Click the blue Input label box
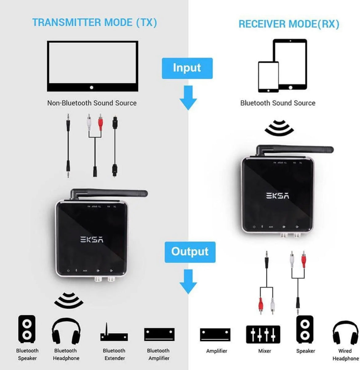[x=187, y=68]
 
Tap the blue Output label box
[x=190, y=252]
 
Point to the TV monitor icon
[x=92, y=66]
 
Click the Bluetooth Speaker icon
[x=27, y=329]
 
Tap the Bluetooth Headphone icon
[x=66, y=331]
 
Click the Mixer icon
[x=263, y=334]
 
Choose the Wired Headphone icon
[x=345, y=333]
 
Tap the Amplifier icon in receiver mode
[x=215, y=335]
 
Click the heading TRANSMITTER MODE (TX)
[x=94, y=22]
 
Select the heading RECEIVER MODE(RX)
[x=289, y=24]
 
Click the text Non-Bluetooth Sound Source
[x=92, y=103]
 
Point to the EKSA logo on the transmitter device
[x=92, y=239]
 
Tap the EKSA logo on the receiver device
[x=277, y=196]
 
